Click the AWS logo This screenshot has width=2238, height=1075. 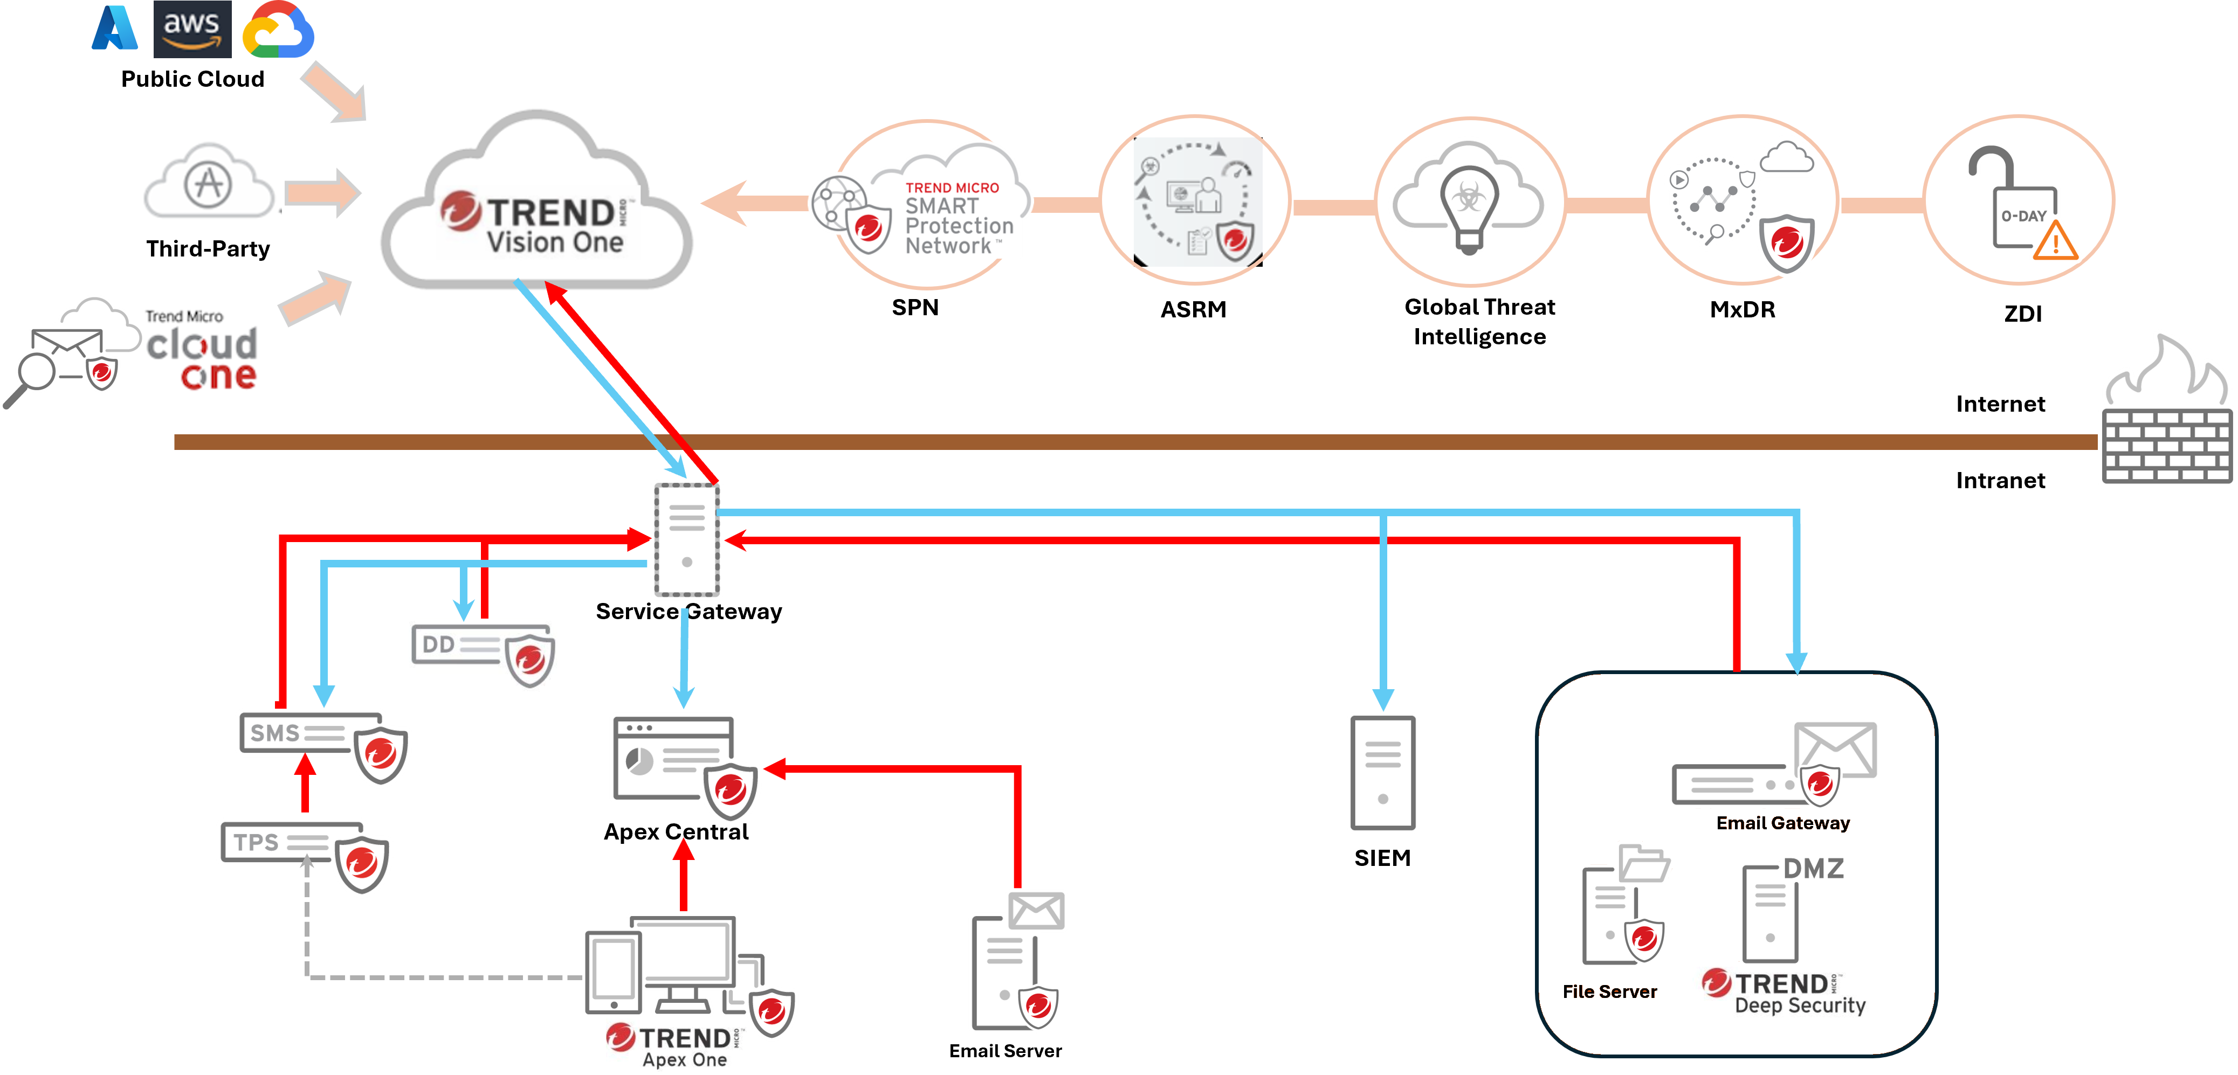coord(192,29)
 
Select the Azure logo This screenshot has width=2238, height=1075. coord(115,29)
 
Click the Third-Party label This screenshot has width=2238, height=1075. coord(208,249)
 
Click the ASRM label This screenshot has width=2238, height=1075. coord(1193,310)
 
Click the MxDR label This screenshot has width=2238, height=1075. coord(1742,310)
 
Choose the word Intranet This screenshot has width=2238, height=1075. coord(2000,481)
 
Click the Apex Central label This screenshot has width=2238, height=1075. coord(676,832)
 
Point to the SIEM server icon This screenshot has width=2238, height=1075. coord(1382,772)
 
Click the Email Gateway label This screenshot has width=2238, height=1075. coord(1783,823)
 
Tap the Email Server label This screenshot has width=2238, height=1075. coord(1005,1051)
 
